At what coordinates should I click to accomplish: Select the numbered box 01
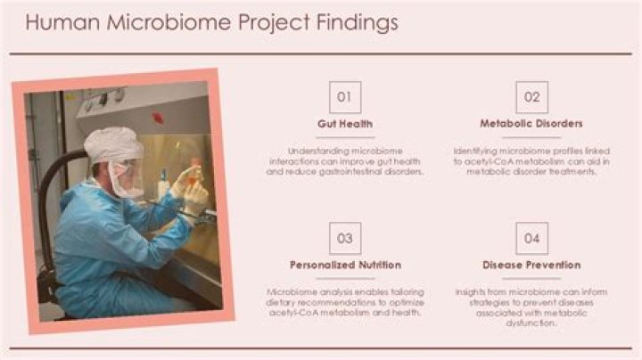[345, 97]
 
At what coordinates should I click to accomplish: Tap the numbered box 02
[531, 97]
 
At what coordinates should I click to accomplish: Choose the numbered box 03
[345, 238]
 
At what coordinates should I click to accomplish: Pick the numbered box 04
[531, 238]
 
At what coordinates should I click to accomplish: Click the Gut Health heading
[345, 124]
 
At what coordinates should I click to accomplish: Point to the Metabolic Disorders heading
[531, 124]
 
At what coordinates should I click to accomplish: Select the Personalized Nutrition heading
[345, 265]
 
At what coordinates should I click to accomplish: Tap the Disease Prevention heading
[531, 265]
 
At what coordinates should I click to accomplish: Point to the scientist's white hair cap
[113, 143]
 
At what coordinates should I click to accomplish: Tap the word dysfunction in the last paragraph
[531, 323]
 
